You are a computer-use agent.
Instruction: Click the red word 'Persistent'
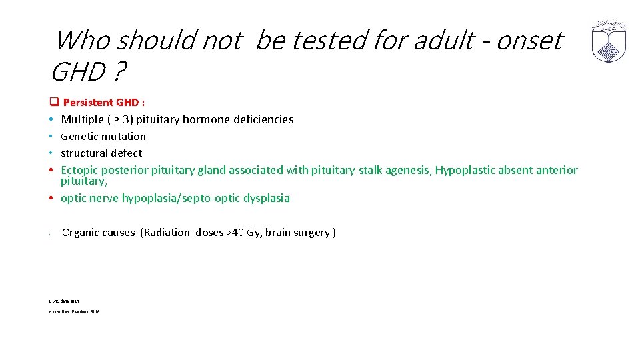(x=88, y=103)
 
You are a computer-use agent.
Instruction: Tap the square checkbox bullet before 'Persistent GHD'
(x=53, y=103)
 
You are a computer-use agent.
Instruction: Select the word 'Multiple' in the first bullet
(x=82, y=119)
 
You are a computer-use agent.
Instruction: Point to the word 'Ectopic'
(x=79, y=170)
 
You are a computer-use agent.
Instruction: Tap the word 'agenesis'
(x=409, y=170)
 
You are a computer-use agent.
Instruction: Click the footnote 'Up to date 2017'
(x=64, y=301)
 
